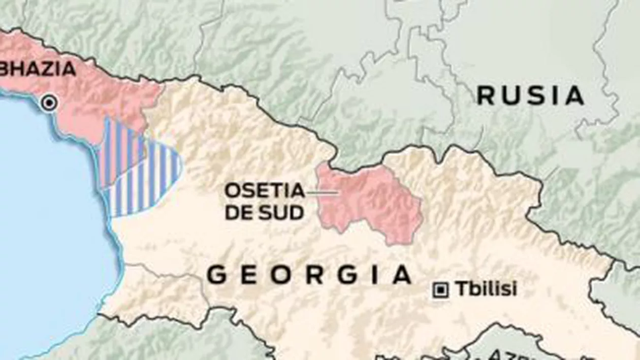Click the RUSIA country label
(531, 96)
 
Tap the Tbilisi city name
(486, 289)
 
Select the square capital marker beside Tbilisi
(440, 290)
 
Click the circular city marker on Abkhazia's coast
(49, 103)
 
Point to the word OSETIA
(265, 191)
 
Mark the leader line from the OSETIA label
(322, 192)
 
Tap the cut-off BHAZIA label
(38, 69)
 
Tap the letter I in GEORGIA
(375, 276)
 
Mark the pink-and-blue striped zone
(122, 152)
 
